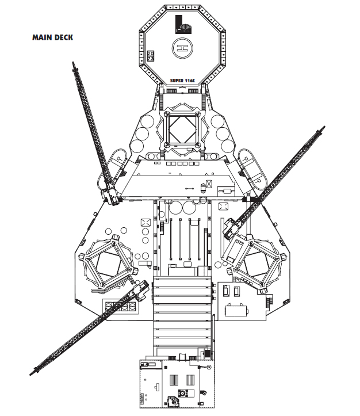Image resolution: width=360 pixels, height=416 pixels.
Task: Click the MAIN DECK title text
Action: tap(52, 37)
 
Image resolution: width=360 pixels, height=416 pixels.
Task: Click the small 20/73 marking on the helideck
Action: tap(150, 56)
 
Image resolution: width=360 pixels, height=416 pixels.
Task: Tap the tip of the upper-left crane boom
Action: tap(74, 63)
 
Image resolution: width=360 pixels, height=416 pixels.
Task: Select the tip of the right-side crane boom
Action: tap(323, 129)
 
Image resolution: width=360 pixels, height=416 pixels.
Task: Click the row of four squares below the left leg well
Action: tap(121, 307)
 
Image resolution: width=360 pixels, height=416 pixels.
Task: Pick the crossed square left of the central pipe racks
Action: tap(145, 223)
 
